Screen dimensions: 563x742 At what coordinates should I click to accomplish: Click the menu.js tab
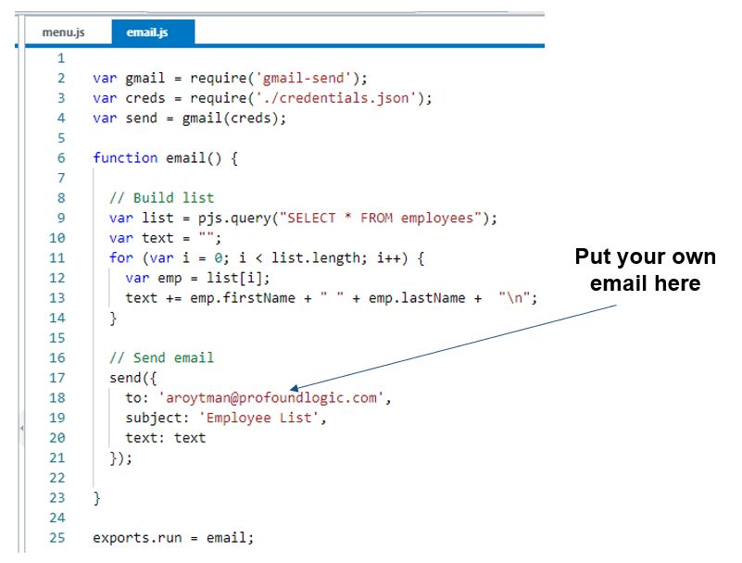pos(64,32)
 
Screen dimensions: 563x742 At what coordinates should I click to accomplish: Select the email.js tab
pos(147,32)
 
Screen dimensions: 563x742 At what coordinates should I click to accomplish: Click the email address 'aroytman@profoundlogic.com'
pos(273,398)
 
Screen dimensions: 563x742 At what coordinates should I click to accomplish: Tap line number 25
pos(57,538)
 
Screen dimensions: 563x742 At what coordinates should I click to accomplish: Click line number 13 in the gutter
pos(57,298)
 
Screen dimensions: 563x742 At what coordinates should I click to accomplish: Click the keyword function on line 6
pos(125,158)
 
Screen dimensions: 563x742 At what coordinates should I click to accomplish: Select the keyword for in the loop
pos(120,258)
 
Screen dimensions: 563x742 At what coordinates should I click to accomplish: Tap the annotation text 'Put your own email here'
pos(645,269)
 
